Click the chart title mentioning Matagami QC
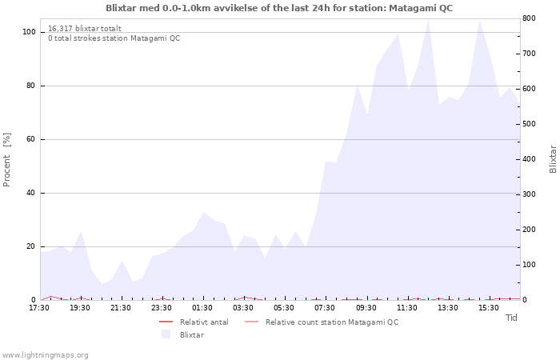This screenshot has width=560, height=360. click(x=279, y=8)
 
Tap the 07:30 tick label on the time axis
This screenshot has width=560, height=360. click(x=325, y=308)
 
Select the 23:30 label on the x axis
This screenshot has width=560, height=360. click(x=162, y=308)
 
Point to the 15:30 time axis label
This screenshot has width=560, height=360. click(x=488, y=308)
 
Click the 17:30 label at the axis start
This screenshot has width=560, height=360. click(x=39, y=308)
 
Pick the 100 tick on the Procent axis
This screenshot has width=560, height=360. click(x=29, y=32)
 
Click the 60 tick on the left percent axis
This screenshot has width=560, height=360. click(x=30, y=139)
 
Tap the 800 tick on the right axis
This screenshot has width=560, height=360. click(x=529, y=18)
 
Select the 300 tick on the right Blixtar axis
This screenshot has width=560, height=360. click(x=529, y=194)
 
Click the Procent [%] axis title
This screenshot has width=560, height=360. click(x=6, y=160)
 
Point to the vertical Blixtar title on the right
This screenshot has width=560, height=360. click(x=553, y=159)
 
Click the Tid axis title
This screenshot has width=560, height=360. click(x=511, y=318)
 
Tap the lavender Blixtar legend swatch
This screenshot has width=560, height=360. click(x=166, y=334)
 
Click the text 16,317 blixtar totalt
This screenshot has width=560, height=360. click(x=85, y=29)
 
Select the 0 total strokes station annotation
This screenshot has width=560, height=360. click(x=114, y=38)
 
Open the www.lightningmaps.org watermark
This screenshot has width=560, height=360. click(x=45, y=355)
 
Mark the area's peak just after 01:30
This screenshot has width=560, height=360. click(x=203, y=212)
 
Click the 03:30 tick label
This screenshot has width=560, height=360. click(x=243, y=308)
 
